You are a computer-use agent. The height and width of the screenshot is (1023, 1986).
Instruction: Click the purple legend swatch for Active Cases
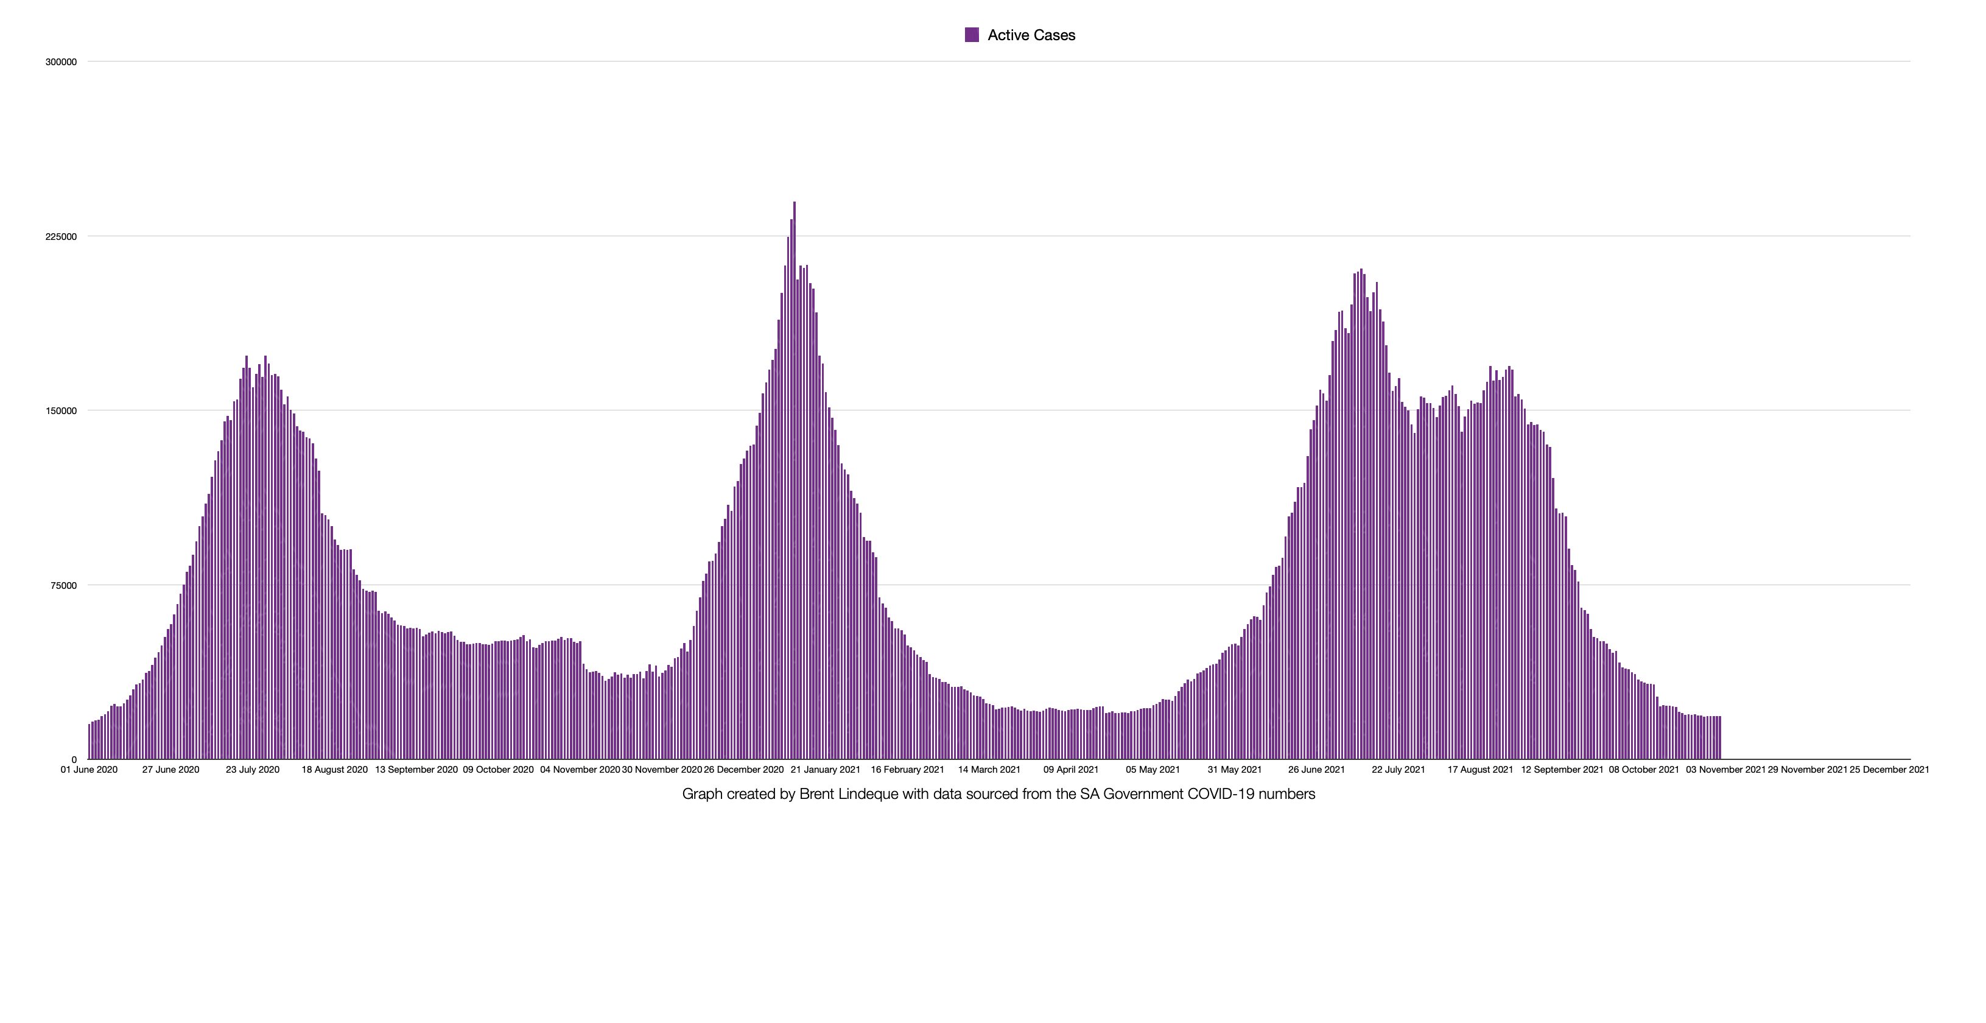click(x=972, y=35)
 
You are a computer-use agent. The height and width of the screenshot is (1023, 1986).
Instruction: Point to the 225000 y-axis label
click(x=61, y=237)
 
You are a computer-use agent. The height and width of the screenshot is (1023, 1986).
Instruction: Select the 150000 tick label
click(x=61, y=411)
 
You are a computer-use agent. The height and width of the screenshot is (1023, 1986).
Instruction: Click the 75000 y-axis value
click(x=63, y=586)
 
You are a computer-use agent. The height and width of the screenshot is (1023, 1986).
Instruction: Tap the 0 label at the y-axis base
click(x=74, y=760)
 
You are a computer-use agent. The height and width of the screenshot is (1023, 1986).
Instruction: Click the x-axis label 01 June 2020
click(x=89, y=769)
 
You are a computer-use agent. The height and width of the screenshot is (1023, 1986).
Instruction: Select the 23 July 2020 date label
click(x=252, y=769)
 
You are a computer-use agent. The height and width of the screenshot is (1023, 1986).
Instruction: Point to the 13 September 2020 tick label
click(x=416, y=769)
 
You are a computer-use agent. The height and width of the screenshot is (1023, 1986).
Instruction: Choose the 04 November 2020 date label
click(x=580, y=769)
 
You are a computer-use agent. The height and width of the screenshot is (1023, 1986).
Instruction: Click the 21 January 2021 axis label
click(x=825, y=769)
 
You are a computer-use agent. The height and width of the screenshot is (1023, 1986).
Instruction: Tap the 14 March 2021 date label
click(x=989, y=769)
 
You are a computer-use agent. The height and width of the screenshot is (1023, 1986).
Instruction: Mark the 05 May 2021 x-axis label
click(x=1153, y=769)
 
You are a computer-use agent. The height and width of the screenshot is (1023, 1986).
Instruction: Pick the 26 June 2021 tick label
click(x=1316, y=769)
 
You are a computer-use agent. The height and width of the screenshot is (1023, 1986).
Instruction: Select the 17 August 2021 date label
click(x=1480, y=769)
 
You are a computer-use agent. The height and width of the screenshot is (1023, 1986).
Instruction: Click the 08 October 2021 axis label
click(x=1644, y=769)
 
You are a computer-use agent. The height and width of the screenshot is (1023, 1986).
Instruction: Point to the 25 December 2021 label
click(x=1889, y=769)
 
